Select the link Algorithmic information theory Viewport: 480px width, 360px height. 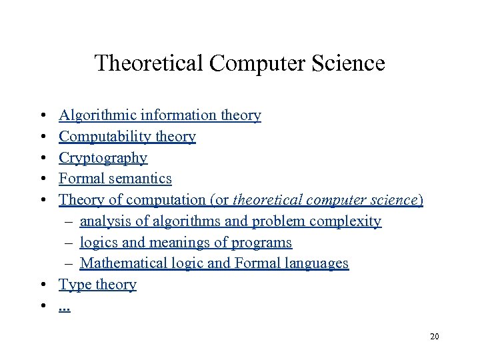[160, 115]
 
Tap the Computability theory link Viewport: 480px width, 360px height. [127, 137]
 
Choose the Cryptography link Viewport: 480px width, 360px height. [103, 158]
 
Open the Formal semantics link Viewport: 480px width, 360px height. [115, 179]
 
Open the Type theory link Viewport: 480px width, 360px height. [98, 285]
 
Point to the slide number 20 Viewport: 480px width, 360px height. [435, 337]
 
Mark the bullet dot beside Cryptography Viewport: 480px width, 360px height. [42, 158]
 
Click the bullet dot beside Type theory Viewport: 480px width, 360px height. [42, 285]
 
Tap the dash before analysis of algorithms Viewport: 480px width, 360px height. [69, 221]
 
